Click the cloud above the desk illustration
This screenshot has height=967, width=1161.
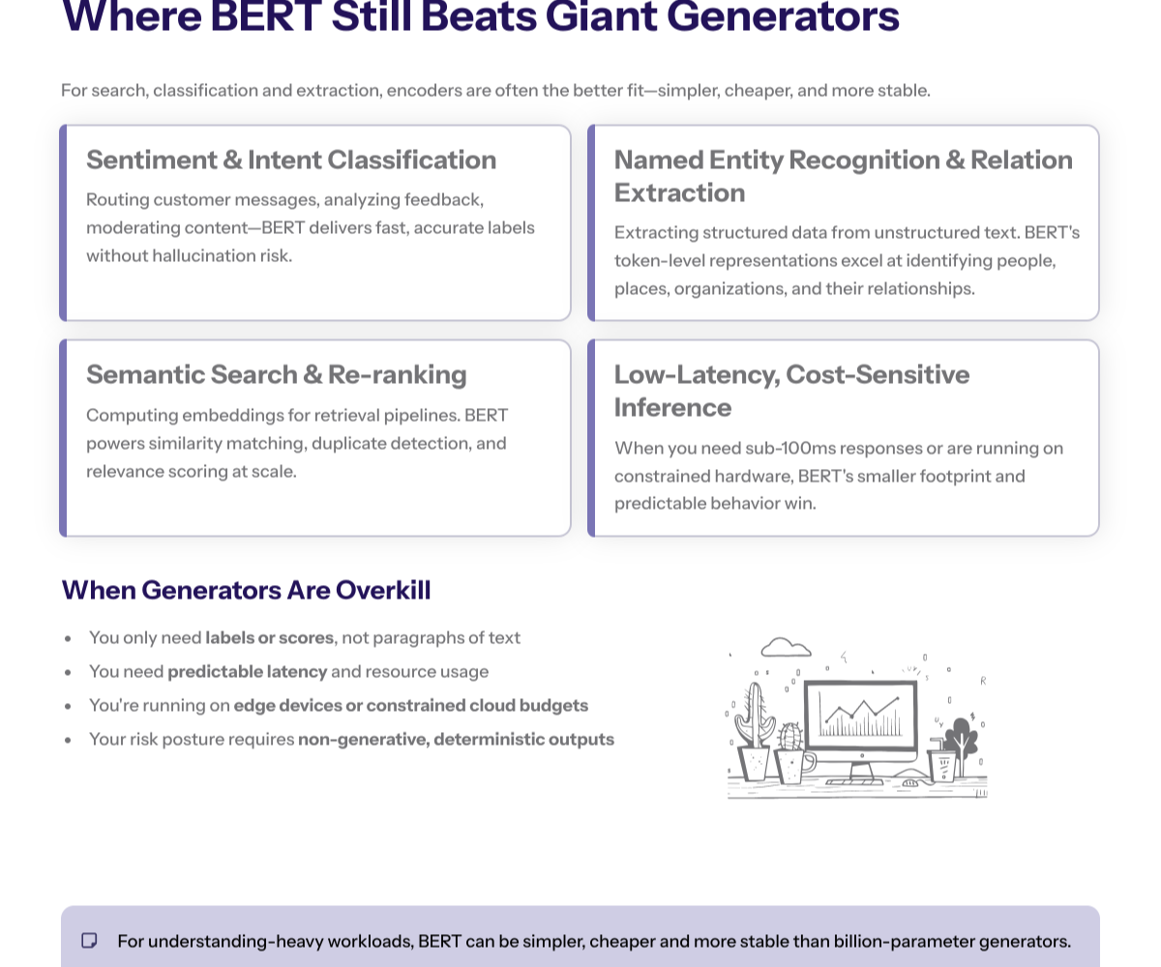pos(786,647)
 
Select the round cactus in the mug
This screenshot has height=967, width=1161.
pos(791,737)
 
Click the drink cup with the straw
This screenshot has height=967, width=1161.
pos(941,763)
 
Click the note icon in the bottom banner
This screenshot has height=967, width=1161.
pos(89,941)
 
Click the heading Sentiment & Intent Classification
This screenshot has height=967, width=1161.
pos(291,160)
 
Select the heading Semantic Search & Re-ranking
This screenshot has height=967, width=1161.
pos(276,374)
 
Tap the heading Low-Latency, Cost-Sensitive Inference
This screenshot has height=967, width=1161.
pos(791,390)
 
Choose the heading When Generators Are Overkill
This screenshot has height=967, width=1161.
pos(246,590)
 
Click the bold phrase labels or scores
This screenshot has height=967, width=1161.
pos(269,638)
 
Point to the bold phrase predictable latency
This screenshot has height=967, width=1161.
pos(248,671)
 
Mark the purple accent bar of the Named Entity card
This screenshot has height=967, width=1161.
pos(591,222)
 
